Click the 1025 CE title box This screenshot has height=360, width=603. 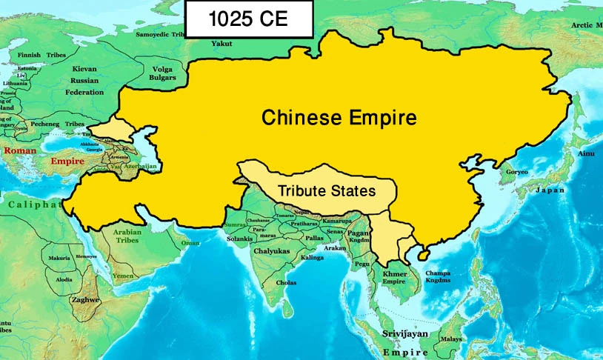tap(248, 20)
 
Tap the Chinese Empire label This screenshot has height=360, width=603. tap(339, 117)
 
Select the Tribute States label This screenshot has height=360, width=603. tap(327, 190)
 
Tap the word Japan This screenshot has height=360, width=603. tap(550, 190)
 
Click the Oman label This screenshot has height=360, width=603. tap(192, 242)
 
